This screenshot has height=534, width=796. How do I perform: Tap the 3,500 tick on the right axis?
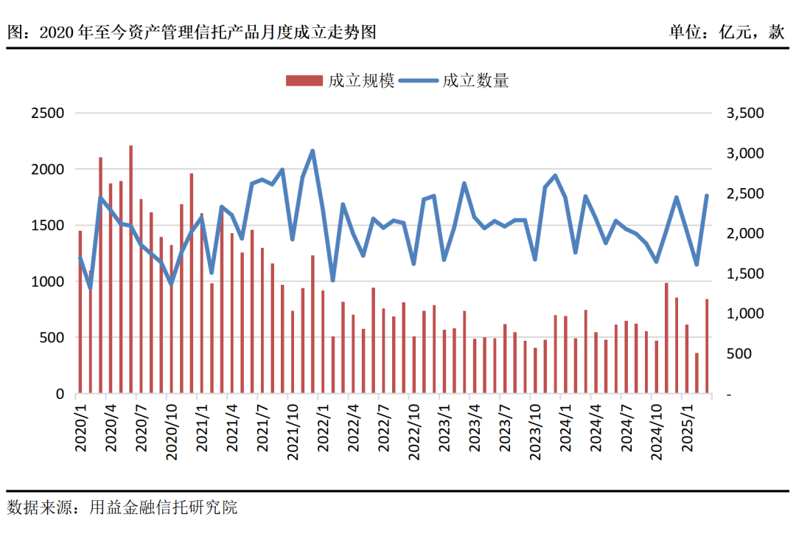point(745,113)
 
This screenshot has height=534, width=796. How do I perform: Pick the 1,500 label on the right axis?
point(745,274)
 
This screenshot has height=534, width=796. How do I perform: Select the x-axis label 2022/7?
point(383,426)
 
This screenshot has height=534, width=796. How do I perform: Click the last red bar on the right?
point(707,346)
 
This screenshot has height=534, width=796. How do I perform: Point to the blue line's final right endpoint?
point(707,195)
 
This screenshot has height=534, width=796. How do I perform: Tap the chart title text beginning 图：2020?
point(192,32)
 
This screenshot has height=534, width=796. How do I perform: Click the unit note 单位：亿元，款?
point(727,32)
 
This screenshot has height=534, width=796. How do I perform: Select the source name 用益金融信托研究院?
point(164,507)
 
